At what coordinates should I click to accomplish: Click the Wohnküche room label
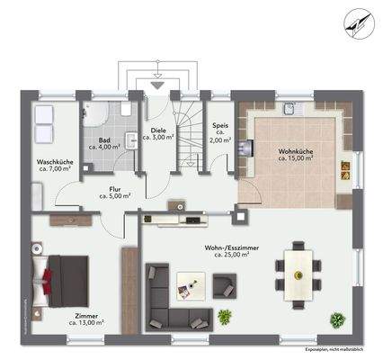point(296,152)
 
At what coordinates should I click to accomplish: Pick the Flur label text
point(117,189)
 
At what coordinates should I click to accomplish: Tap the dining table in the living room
point(298,273)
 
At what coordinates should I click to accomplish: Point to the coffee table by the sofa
point(188,283)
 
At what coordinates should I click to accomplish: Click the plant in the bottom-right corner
point(337,319)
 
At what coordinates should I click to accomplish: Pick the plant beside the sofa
point(225,315)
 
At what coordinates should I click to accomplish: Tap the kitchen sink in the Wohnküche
point(290,110)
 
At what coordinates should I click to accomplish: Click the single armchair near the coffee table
point(221,285)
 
